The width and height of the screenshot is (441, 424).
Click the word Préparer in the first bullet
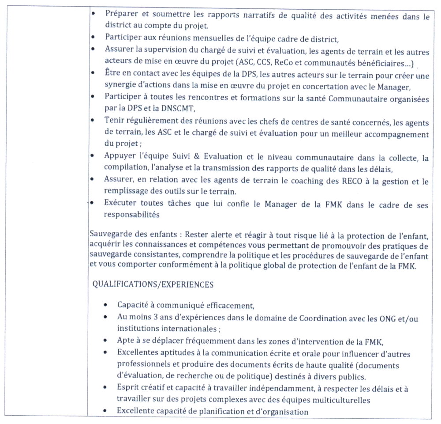120,14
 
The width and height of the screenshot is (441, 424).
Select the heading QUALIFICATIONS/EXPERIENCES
153,284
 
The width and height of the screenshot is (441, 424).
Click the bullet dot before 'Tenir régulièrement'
93,120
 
